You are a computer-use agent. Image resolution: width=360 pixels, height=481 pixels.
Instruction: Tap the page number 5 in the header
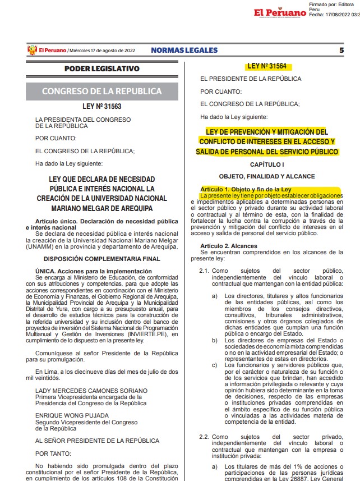tap(341, 50)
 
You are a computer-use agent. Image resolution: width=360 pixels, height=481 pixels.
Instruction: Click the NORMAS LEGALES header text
tap(184, 50)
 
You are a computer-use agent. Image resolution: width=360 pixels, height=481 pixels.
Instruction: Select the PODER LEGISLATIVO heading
tap(101, 68)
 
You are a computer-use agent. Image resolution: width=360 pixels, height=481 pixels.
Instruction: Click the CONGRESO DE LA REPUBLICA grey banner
tap(101, 91)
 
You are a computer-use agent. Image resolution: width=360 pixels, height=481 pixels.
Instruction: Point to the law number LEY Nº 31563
tap(101, 107)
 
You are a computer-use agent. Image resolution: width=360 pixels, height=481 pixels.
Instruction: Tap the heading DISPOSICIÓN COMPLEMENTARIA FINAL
tap(101, 259)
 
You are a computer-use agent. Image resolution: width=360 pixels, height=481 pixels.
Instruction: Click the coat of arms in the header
tap(31, 50)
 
